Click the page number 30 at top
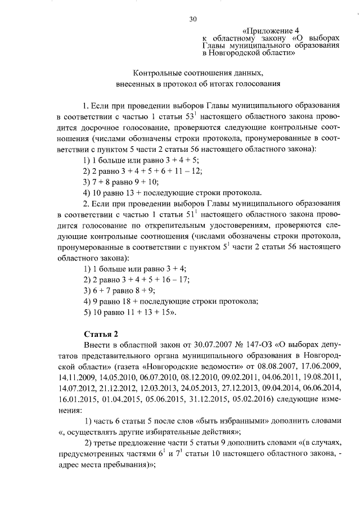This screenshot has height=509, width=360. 193,19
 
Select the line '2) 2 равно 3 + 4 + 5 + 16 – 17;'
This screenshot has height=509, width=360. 136,280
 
